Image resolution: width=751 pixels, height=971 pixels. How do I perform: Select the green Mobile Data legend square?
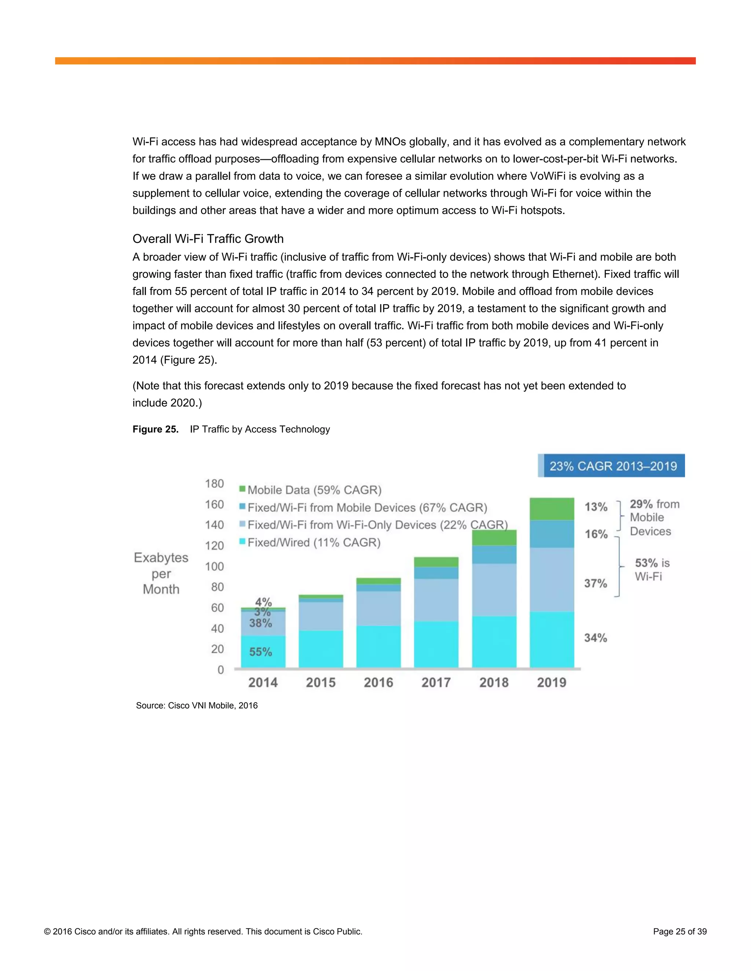pyautogui.click(x=242, y=489)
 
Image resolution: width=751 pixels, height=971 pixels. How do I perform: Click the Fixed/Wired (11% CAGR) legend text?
pyautogui.click(x=314, y=542)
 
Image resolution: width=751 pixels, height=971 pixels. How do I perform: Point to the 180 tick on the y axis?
pyautogui.click(x=215, y=484)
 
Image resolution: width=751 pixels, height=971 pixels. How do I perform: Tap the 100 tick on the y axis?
pyautogui.click(x=215, y=566)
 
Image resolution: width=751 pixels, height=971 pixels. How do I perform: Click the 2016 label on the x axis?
pyautogui.click(x=378, y=683)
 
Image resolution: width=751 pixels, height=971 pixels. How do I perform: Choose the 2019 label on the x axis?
pyautogui.click(x=551, y=683)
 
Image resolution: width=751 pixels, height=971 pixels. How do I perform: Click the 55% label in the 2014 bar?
pyautogui.click(x=260, y=652)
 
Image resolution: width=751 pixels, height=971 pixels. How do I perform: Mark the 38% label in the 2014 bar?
pyautogui.click(x=260, y=623)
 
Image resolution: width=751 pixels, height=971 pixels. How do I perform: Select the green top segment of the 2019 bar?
pyautogui.click(x=552, y=509)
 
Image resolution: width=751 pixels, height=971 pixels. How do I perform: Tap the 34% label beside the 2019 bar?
pyautogui.click(x=595, y=638)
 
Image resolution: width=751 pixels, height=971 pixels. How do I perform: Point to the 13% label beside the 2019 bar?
pyautogui.click(x=596, y=507)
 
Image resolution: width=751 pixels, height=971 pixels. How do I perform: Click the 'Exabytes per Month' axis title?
pyautogui.click(x=161, y=573)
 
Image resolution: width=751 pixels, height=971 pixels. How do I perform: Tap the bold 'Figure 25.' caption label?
pyautogui.click(x=155, y=429)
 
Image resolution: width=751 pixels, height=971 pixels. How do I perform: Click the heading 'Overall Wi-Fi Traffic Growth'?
pyautogui.click(x=208, y=239)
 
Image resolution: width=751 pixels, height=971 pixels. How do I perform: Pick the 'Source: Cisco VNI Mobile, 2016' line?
pyautogui.click(x=197, y=706)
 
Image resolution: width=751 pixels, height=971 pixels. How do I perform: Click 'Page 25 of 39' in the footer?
pyautogui.click(x=679, y=931)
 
